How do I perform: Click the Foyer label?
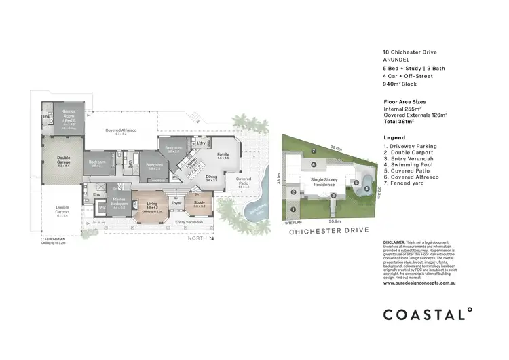pyautogui.click(x=176, y=203)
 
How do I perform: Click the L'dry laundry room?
pyautogui.click(x=200, y=143)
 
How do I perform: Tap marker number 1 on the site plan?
pyautogui.click(x=293, y=210)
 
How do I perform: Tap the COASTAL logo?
pyautogui.click(x=427, y=314)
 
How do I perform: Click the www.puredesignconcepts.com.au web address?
pyautogui.click(x=418, y=282)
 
